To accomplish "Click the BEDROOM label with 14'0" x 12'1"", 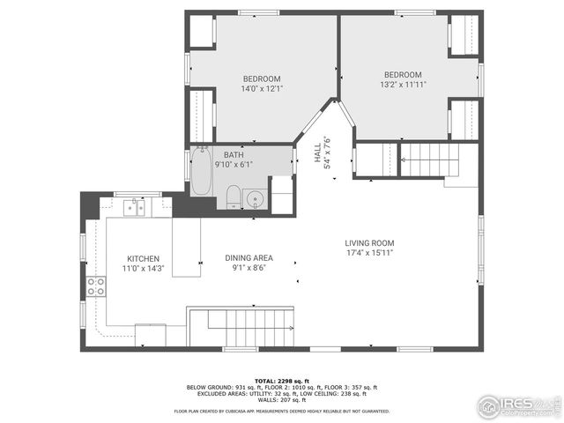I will (x=262, y=78).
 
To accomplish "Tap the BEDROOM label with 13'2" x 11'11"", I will (x=402, y=75).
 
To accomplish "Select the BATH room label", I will (x=234, y=154).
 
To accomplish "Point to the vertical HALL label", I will (x=318, y=153).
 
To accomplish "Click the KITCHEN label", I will (x=143, y=259).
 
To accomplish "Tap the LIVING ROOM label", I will (x=369, y=243).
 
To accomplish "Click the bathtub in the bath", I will (x=201, y=173).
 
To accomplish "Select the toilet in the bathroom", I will (x=234, y=196).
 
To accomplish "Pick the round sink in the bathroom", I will (x=256, y=197).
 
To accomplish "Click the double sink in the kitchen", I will (x=136, y=208).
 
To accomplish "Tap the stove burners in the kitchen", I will (x=95, y=286).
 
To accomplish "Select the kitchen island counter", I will (x=186, y=248).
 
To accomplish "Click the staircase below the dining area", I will (x=241, y=327).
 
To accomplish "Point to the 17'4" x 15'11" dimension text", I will (x=369, y=253).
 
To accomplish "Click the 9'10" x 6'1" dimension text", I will (x=234, y=164).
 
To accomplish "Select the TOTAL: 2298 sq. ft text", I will (x=281, y=381).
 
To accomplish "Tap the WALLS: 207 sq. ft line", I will (x=281, y=402).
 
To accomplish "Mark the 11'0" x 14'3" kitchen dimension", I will (x=143, y=269).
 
